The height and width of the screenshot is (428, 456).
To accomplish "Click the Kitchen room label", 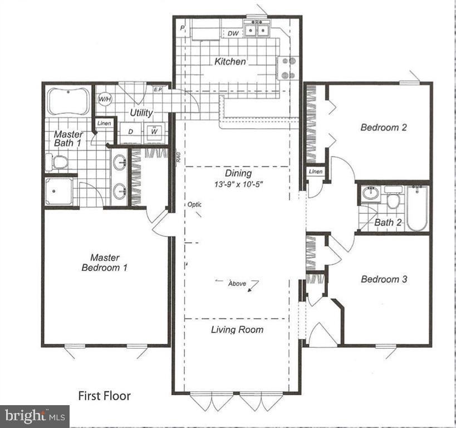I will (x=230, y=61).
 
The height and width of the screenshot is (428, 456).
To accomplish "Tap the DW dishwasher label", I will (x=234, y=33).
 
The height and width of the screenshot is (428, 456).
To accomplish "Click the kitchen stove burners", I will (x=289, y=69).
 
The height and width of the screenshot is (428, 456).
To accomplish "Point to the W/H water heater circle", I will (x=104, y=99).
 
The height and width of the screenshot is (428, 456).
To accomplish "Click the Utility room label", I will (x=141, y=113).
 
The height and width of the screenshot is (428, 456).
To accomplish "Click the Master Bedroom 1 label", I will (x=105, y=262).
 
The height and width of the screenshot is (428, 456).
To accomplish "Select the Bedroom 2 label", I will (x=384, y=127).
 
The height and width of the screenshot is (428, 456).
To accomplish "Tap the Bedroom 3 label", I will (x=384, y=279).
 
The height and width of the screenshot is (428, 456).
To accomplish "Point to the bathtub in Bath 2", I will (x=416, y=208).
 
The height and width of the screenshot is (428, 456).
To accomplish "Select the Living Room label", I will (x=237, y=329).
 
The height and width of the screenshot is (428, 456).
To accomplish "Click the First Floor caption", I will (x=104, y=396).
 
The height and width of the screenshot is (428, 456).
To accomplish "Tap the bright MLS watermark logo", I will (x=35, y=415).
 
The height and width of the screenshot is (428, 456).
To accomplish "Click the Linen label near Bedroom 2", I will (x=316, y=172).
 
